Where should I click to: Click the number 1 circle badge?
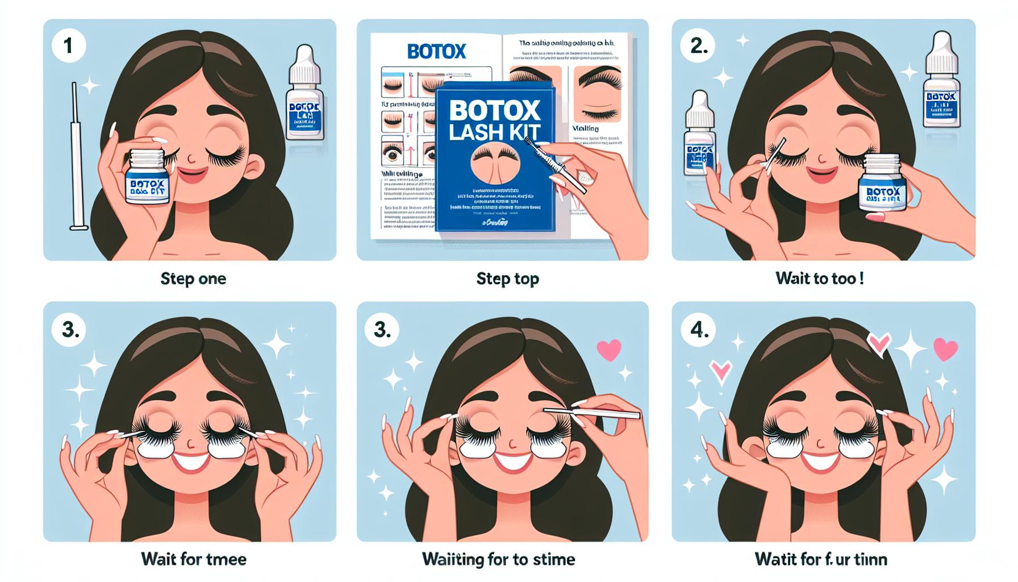pyautogui.click(x=69, y=45)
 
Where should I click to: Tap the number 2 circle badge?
pyautogui.click(x=699, y=45)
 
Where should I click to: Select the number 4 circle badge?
pyautogui.click(x=699, y=329)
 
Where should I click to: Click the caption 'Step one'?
pyautogui.click(x=193, y=278)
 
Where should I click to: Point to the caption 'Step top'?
pyautogui.click(x=507, y=278)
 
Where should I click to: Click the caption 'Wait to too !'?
pyautogui.click(x=819, y=278)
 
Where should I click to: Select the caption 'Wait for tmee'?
pyautogui.click(x=193, y=559)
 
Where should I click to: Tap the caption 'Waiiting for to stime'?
pyautogui.click(x=498, y=559)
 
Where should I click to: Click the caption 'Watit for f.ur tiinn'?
pyautogui.click(x=820, y=559)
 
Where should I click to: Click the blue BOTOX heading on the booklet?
pyautogui.click(x=436, y=52)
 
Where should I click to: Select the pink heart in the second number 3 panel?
pyautogui.click(x=608, y=350)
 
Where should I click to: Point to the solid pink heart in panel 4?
pyautogui.click(x=945, y=349)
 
